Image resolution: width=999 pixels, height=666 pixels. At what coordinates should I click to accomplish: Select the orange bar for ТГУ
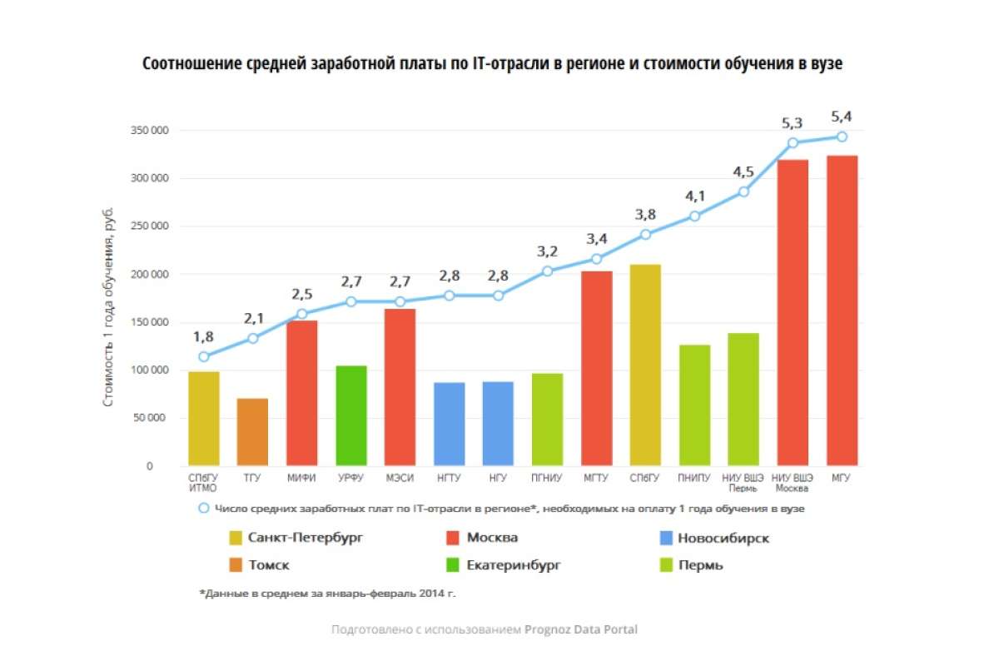pos(252,432)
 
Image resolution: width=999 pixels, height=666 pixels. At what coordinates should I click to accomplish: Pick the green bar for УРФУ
pos(350,415)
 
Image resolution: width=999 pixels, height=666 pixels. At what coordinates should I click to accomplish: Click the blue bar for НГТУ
pos(450,424)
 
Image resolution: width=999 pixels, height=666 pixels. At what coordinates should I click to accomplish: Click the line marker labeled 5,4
pos(842,137)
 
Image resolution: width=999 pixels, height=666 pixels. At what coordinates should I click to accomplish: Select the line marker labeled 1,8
pos(203,356)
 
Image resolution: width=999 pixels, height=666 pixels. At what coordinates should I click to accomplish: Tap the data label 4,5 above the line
pos(743,172)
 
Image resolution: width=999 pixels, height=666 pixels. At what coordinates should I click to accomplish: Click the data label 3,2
pos(547,251)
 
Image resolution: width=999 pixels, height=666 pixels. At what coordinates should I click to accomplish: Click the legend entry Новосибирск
pos(723,538)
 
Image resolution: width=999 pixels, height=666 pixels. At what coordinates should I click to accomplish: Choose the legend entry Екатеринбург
pos(514,565)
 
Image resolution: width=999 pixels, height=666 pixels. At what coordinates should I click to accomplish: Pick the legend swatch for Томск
pos(236,565)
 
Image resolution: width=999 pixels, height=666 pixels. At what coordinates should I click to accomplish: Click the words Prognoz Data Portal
pos(580,629)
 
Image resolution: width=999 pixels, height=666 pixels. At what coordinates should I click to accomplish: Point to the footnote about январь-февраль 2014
pos(328,594)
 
